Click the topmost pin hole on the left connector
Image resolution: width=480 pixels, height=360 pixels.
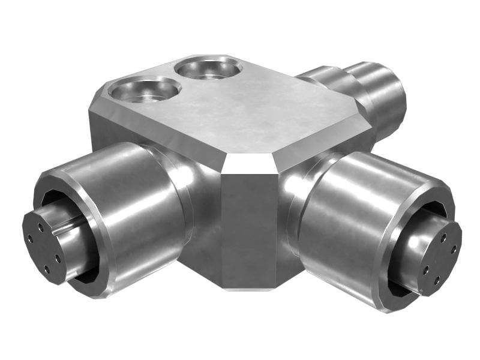[x=40, y=227]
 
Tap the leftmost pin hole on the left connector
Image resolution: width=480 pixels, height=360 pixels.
[x=30, y=239]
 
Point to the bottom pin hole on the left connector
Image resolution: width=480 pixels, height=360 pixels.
[x=46, y=269]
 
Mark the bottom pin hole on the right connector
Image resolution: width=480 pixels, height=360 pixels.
[x=436, y=280]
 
